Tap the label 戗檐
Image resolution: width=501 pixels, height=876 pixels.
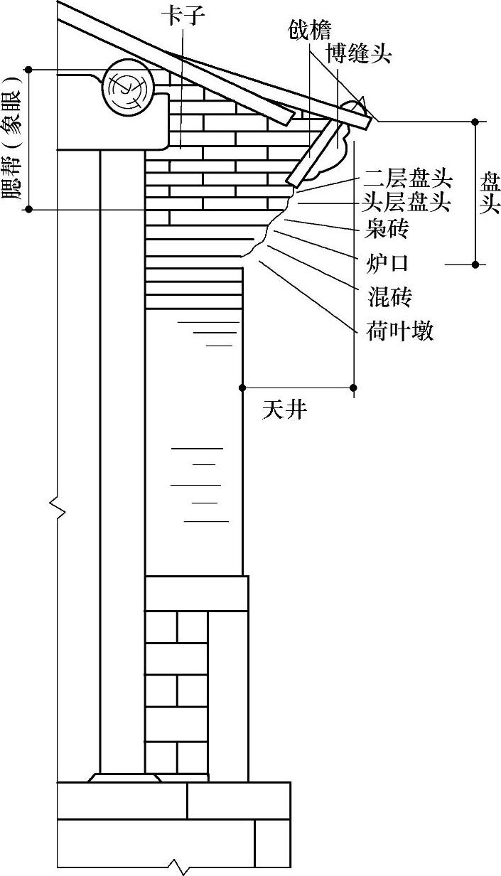tap(310, 31)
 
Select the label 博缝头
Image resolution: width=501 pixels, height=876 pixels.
tap(359, 53)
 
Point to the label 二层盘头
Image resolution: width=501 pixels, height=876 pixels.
tap(409, 178)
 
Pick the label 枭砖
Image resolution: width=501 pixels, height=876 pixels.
tap(389, 229)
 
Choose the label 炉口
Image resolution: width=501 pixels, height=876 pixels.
tap(389, 262)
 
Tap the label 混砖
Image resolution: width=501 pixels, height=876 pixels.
tap(389, 296)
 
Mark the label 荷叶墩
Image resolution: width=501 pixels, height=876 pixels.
tap(400, 331)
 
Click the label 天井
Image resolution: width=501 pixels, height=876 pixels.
tap(284, 410)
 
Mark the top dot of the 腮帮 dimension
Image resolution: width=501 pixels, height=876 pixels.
tap(29, 69)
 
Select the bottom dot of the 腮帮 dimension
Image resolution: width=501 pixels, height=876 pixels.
tap(29, 209)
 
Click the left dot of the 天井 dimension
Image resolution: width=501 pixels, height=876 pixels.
tap(242, 388)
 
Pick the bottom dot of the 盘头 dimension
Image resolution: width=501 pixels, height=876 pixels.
tap(475, 265)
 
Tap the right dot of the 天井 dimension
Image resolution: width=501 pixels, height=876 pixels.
tap(354, 388)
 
